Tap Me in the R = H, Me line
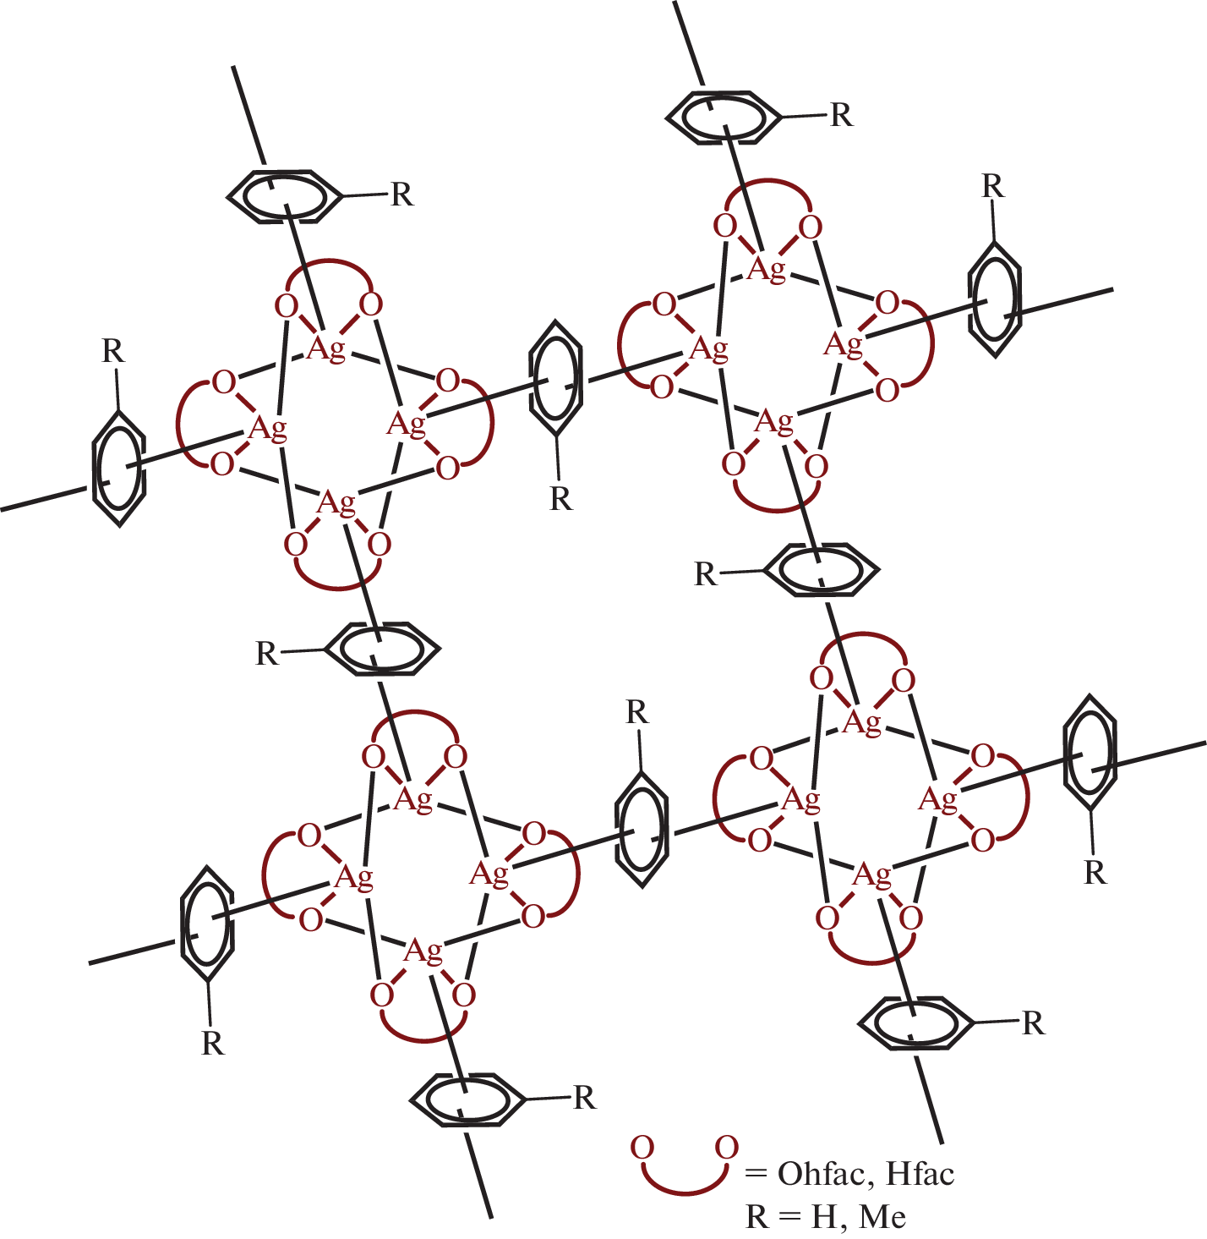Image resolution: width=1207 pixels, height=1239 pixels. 882,1217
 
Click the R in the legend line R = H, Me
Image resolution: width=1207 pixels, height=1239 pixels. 756,1217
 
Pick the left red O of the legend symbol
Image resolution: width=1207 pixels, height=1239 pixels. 642,1148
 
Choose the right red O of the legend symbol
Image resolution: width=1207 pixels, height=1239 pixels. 727,1148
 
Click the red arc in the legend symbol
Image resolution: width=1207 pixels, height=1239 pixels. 684,1192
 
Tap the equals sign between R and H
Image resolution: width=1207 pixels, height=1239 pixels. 789,1217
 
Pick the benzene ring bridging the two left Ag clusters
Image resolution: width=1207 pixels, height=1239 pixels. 382,649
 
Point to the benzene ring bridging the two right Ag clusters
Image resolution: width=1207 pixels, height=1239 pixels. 822,570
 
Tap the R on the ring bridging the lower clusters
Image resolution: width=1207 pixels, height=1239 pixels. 637,712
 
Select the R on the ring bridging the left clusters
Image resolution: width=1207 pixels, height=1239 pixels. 267,653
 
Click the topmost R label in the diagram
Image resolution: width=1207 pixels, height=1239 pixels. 841,115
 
